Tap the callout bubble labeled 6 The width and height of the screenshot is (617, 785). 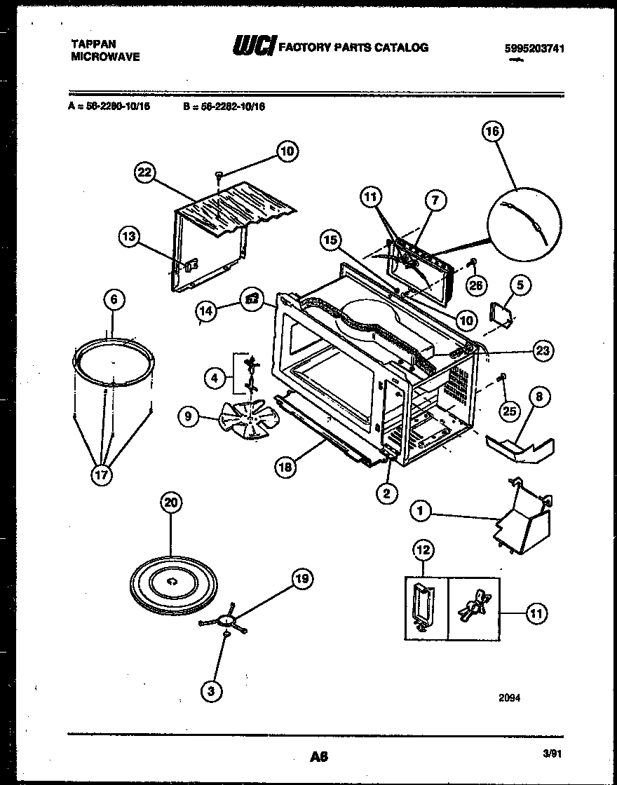114,300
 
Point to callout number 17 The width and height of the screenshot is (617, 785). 101,475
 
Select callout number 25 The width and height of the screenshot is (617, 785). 509,410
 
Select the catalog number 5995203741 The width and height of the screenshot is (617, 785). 534,48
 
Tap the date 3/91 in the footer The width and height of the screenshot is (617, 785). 553,753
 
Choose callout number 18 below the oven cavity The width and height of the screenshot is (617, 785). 285,468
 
